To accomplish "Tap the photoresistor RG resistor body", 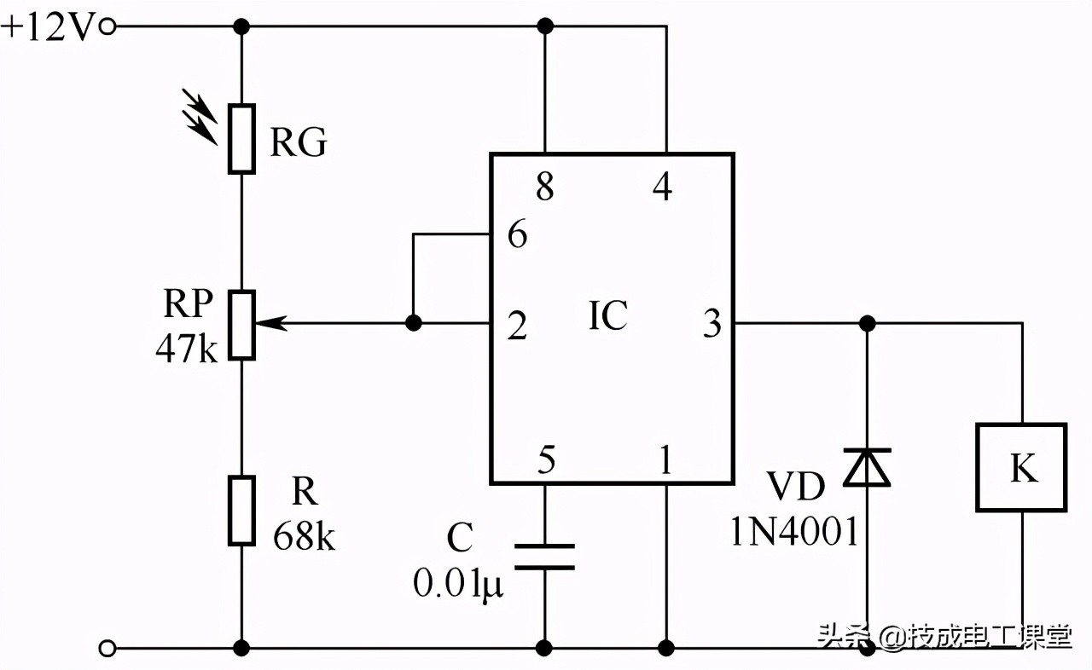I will tap(241, 139).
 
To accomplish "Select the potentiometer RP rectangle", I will tap(242, 324).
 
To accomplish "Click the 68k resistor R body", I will tap(241, 510).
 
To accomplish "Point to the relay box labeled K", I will tap(1021, 467).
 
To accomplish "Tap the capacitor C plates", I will tap(543, 557).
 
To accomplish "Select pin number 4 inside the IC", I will tap(662, 187).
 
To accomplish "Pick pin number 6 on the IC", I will tap(517, 234).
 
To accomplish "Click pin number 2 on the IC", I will tap(517, 326).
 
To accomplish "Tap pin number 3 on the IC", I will tap(712, 324).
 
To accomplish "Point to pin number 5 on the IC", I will tap(546, 461).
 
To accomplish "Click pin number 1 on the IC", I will tap(664, 461).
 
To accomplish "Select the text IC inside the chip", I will tap(607, 315).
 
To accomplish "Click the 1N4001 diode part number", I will tap(793, 532).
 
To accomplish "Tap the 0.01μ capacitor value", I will tap(458, 584).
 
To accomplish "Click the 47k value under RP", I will tap(186, 349).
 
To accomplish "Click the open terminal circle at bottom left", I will tap(107, 649).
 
